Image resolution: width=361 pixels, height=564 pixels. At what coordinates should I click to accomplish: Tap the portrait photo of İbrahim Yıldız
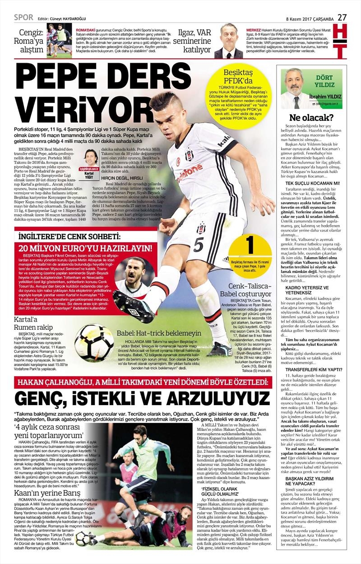pyautogui.click(x=293, y=88)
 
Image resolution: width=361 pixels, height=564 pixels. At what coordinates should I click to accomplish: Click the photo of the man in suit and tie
pyautogui.click(x=231, y=41)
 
